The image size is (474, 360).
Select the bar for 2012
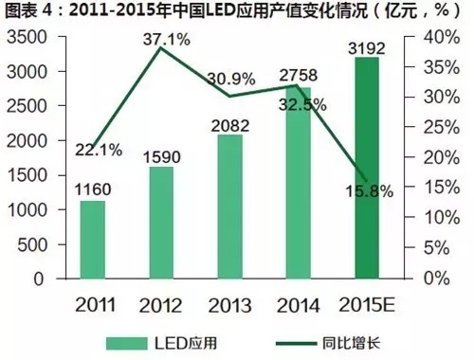click(161, 223)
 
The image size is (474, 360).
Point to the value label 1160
click(93, 188)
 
